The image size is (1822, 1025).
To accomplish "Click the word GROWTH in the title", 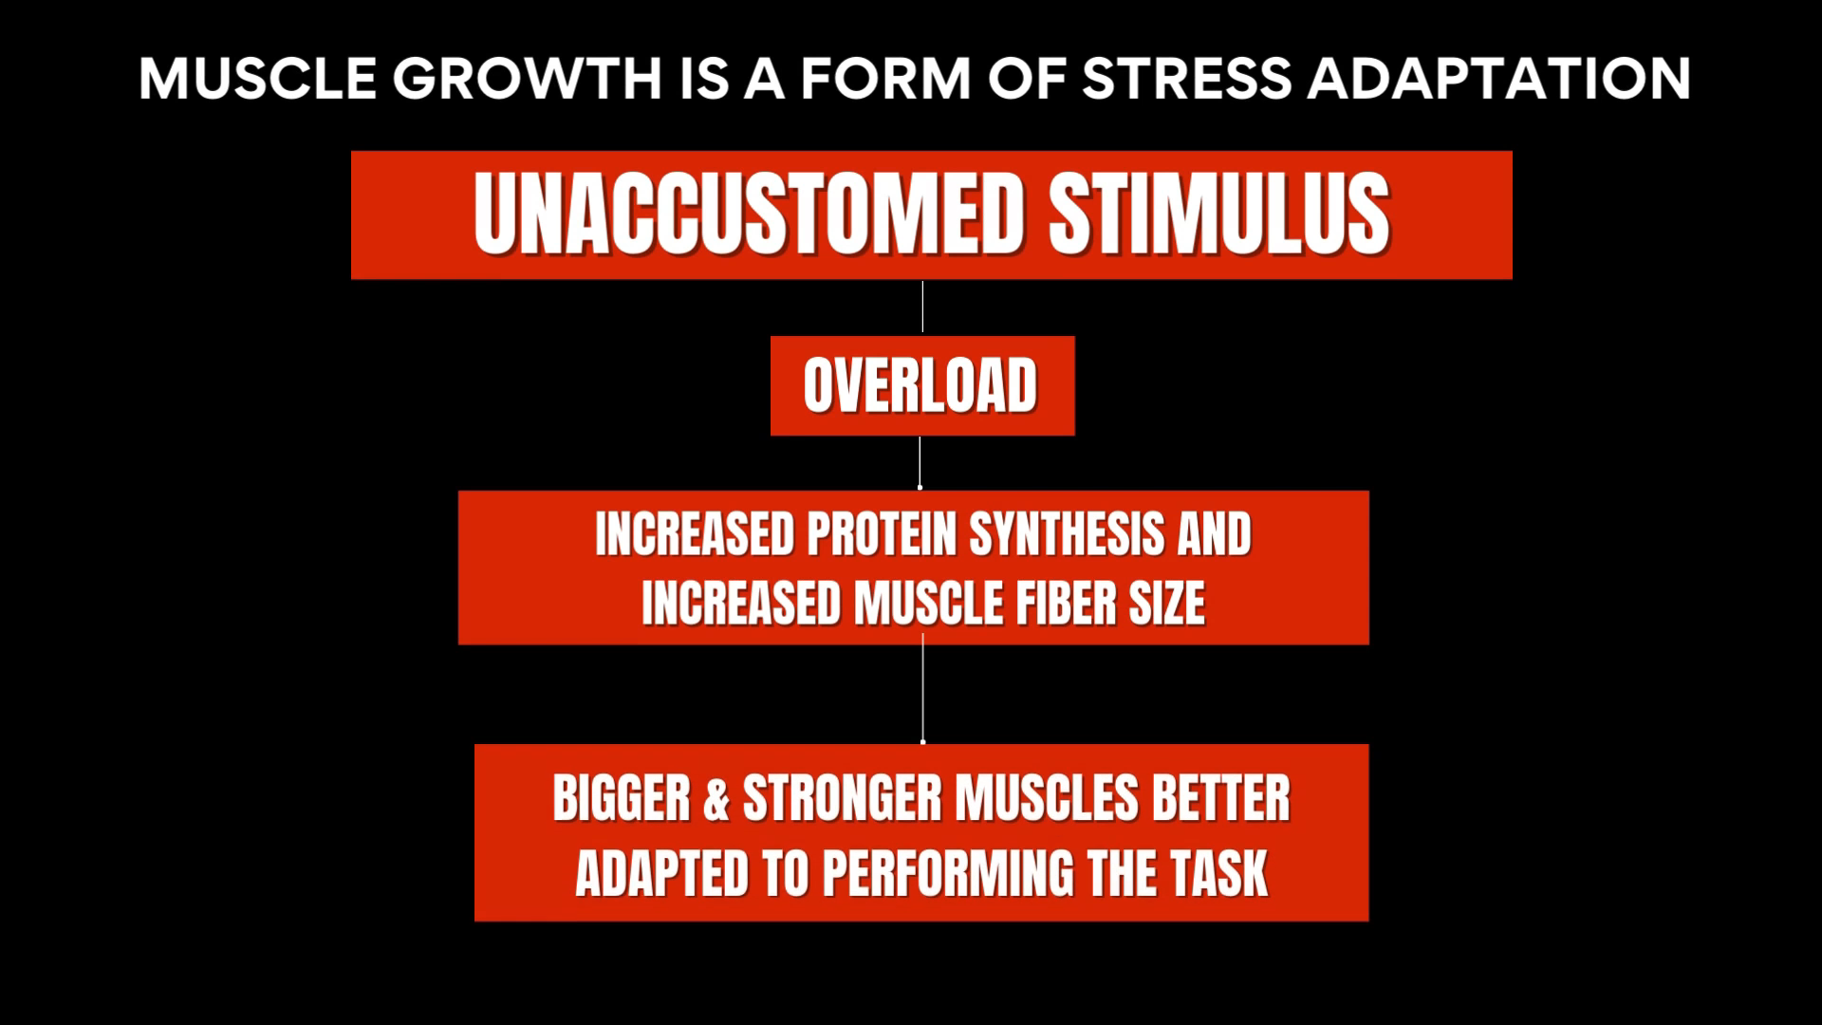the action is tap(527, 78).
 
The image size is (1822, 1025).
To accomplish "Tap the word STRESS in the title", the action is tap(1186, 78).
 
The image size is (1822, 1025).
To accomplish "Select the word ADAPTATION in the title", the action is tap(1499, 78).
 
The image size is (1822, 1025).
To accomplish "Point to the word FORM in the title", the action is tap(884, 78).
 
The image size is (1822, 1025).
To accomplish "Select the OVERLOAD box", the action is tap(922, 385).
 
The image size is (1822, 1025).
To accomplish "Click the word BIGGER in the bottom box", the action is tap(622, 798).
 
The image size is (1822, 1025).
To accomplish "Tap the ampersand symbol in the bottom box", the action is tap(716, 798).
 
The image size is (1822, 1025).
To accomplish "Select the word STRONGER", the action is tap(843, 798).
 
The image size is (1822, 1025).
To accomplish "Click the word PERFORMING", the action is tap(949, 873).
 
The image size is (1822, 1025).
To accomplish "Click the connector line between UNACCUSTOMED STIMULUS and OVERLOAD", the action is tap(922, 307).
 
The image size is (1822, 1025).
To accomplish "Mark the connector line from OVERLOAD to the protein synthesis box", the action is tap(920, 462).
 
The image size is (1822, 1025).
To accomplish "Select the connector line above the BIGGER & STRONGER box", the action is tap(923, 689).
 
